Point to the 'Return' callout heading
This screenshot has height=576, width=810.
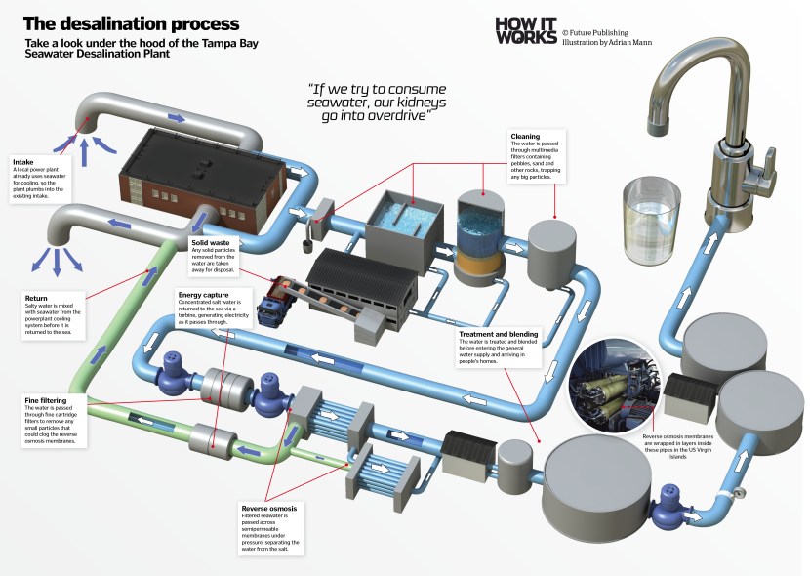[x=34, y=296]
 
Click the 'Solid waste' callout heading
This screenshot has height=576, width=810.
[x=212, y=240]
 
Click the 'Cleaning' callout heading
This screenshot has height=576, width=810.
[x=525, y=137]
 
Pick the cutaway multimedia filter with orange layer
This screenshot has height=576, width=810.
[x=479, y=235]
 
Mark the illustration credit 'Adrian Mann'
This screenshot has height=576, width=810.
[x=631, y=43]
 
